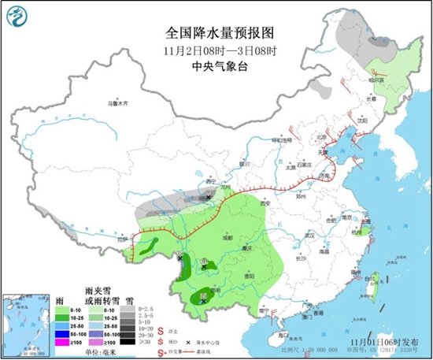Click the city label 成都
click(x=227, y=236)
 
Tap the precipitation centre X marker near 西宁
click(x=207, y=198)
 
